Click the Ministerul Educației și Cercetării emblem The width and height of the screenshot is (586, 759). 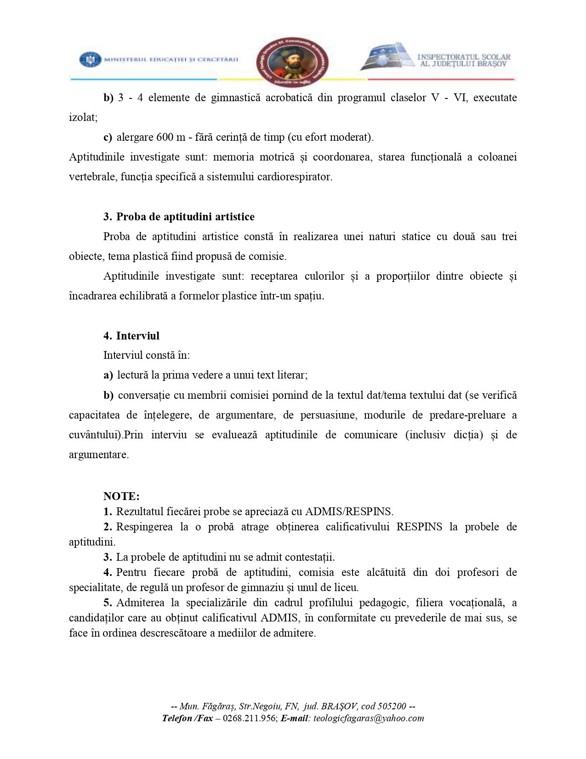coord(90,59)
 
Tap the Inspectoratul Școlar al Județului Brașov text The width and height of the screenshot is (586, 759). coord(463,60)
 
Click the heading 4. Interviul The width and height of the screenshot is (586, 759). coord(131,336)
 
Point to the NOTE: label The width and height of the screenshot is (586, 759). coord(121,496)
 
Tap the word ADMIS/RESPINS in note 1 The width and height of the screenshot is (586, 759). coord(349,512)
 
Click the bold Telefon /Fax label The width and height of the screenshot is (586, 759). coord(187,718)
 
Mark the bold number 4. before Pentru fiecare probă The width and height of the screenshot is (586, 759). coord(108,572)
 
